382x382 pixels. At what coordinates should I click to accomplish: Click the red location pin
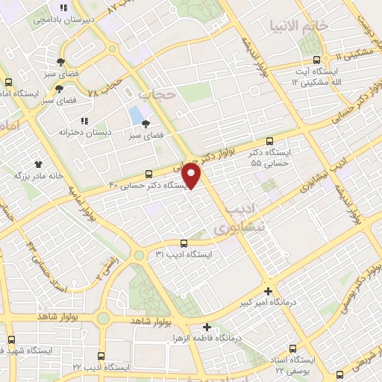[192, 175]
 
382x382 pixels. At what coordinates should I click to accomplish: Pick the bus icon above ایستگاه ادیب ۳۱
[184, 242]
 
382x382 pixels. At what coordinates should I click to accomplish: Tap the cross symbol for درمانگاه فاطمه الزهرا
[207, 326]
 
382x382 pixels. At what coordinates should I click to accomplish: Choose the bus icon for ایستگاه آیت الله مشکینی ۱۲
[317, 60]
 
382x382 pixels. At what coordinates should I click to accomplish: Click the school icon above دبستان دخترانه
[85, 119]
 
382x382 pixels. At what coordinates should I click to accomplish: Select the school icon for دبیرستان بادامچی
[63, 9]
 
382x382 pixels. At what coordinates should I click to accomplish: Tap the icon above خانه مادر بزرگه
[37, 163]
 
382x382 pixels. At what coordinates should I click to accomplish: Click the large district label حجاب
[156, 94]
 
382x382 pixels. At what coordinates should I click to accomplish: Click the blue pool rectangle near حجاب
[135, 115]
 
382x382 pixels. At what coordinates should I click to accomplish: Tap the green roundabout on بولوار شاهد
[103, 319]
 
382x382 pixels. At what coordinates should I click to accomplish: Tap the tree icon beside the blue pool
[146, 125]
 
